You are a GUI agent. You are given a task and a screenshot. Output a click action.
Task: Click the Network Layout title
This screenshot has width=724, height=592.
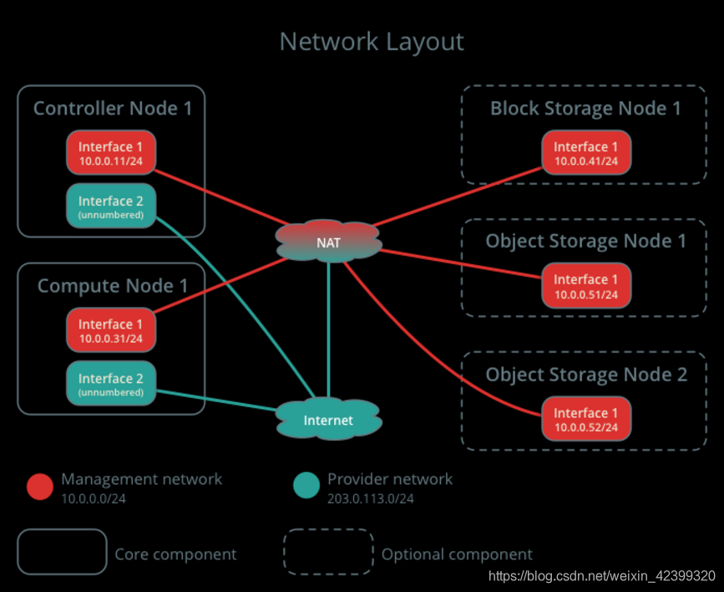coord(371,42)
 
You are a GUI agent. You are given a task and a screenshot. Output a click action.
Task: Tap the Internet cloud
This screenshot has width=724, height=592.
coord(328,420)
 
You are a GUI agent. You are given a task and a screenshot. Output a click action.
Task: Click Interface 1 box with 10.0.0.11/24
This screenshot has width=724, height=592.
coord(111,153)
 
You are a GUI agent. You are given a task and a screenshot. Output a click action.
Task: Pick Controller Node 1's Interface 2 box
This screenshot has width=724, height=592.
coord(111,207)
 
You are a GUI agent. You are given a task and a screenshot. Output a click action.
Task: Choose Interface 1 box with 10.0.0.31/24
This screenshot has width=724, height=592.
coord(111,330)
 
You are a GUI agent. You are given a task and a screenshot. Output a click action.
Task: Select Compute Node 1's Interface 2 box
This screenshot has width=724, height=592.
coord(111,384)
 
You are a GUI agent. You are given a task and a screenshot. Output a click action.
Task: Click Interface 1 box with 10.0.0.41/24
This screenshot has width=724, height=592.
coord(586,153)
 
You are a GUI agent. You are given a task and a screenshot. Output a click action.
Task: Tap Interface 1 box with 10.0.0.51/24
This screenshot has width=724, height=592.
coord(586,285)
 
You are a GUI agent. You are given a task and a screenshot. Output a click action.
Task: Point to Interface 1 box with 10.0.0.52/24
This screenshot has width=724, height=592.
coord(586,419)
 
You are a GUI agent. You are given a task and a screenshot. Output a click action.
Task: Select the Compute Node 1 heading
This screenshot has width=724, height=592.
coord(113,286)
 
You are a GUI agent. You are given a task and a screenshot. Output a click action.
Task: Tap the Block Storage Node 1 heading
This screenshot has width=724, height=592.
coord(585,109)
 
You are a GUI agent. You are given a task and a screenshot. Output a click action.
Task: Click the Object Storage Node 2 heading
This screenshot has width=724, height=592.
coord(586,375)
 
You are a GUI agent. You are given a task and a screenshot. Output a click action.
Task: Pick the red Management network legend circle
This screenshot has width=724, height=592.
coord(39,487)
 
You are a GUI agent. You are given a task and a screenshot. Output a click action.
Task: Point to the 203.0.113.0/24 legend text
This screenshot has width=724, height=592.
coord(370,498)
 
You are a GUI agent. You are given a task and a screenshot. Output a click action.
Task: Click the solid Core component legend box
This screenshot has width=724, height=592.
coord(63,552)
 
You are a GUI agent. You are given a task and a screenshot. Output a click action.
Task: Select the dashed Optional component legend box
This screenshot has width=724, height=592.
coord(328,552)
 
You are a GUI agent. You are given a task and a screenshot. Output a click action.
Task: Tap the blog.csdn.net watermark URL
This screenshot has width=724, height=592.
coord(601,576)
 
